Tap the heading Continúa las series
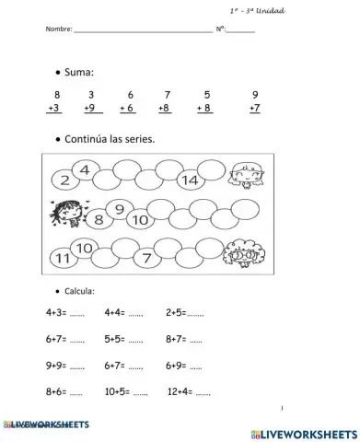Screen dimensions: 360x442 point(110,139)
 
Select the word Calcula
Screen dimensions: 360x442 point(92,290)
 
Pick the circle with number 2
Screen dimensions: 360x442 point(65,180)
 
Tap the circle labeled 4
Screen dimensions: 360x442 point(85,170)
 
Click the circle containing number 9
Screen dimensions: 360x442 point(119,211)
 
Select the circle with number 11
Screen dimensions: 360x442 point(63,259)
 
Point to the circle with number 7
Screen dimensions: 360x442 point(146,257)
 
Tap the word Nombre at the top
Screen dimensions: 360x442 point(58,29)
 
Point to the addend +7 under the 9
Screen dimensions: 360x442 point(255,109)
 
